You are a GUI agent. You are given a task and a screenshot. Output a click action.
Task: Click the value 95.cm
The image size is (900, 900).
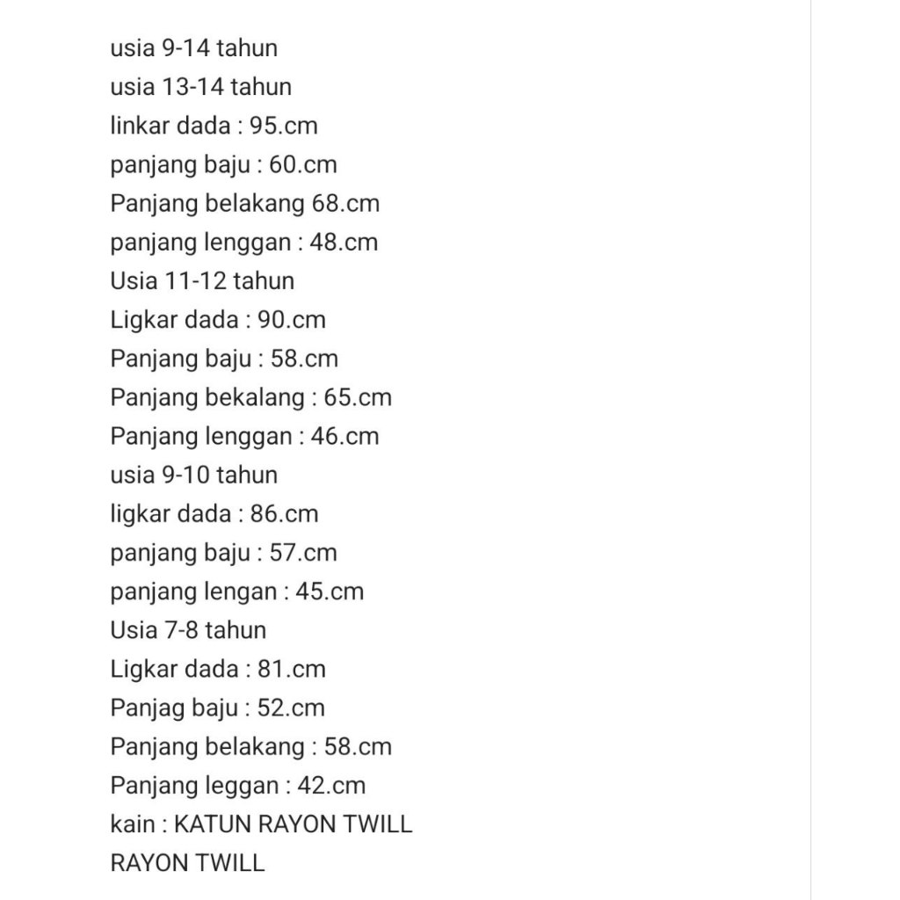[x=283, y=126]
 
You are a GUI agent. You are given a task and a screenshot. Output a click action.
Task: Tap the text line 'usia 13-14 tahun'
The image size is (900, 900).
[x=200, y=87]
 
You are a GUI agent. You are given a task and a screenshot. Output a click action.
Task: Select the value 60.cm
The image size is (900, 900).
[x=302, y=164]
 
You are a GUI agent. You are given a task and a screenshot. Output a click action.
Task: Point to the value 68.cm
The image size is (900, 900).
[x=345, y=203]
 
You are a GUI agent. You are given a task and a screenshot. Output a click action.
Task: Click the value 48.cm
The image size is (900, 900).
[x=344, y=242]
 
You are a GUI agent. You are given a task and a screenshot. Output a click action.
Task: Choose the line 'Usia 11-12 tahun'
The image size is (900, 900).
[x=202, y=281]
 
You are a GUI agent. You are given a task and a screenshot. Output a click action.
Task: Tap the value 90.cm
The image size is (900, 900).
[x=292, y=320]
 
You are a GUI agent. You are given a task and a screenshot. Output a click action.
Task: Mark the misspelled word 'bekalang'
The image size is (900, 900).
[x=254, y=397]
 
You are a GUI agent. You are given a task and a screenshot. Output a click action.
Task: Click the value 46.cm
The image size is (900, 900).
[x=345, y=436]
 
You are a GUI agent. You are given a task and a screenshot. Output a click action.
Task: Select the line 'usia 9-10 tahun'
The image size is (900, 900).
[x=193, y=475]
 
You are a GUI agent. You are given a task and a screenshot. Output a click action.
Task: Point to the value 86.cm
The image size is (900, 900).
[x=284, y=513]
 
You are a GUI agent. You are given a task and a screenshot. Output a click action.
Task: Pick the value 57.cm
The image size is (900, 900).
[x=303, y=553]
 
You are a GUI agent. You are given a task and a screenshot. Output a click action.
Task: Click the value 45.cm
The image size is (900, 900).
[x=330, y=592]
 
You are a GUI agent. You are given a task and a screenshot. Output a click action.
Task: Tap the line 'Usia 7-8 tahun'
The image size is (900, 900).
[x=188, y=630]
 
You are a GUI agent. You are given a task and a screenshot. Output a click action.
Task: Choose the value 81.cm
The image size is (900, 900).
[x=292, y=669]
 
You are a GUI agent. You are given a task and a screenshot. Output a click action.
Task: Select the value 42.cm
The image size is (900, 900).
[x=330, y=786]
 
